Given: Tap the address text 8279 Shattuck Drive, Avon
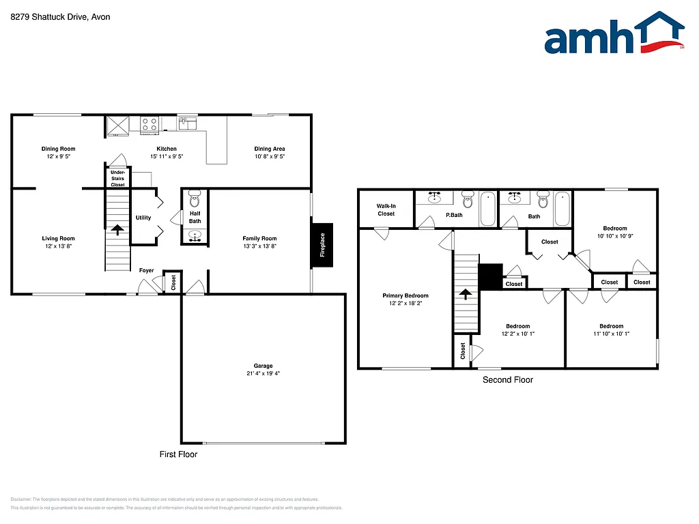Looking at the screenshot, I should (x=60, y=17).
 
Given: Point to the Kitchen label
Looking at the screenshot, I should (x=167, y=149).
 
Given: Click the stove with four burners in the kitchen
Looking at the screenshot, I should (x=149, y=123).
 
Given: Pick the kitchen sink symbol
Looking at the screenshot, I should (x=187, y=123).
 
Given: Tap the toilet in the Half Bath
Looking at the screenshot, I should (x=194, y=201).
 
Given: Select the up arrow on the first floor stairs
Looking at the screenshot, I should (x=117, y=230).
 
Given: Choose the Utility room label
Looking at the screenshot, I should (x=143, y=218).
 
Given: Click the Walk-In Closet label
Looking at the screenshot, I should (x=386, y=209).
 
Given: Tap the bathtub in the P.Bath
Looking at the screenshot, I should (x=487, y=209).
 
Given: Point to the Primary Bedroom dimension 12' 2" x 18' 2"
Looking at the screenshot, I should (x=405, y=304).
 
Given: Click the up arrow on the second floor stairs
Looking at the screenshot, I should (x=466, y=294).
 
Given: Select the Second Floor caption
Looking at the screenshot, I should (x=507, y=380).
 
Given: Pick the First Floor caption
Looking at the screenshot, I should (x=178, y=454).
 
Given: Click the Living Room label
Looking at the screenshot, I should (x=58, y=238).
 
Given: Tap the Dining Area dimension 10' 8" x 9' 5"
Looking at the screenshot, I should (x=269, y=156).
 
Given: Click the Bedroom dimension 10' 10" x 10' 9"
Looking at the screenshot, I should (x=614, y=236).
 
